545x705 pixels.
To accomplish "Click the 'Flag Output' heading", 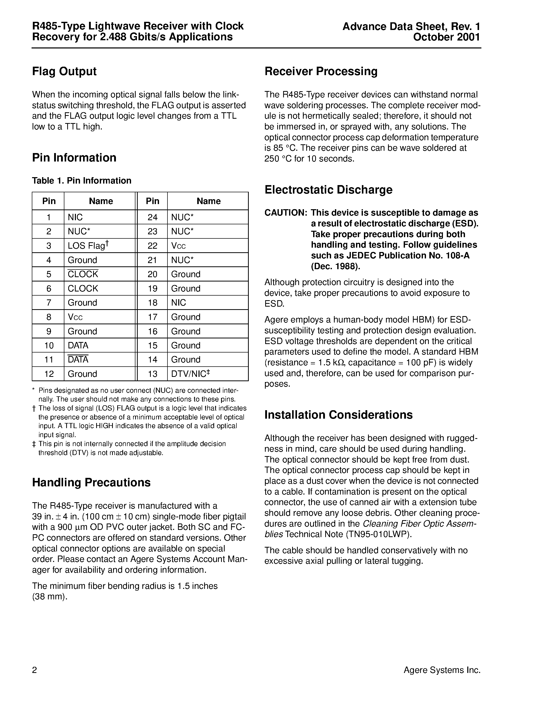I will (x=64, y=71).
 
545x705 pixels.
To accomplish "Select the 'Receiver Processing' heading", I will (x=321, y=71).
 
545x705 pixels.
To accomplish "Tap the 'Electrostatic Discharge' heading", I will (x=328, y=189).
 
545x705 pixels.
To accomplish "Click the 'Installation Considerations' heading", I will (x=338, y=415).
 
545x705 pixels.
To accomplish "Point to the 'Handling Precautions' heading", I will (x=91, y=482).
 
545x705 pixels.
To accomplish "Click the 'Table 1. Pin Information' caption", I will (x=81, y=180).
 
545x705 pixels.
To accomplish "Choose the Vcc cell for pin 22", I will (x=178, y=246).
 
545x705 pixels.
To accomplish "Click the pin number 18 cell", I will (x=152, y=303).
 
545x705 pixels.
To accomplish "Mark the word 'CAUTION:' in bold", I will (x=285, y=213).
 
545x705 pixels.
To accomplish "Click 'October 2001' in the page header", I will (x=446, y=37).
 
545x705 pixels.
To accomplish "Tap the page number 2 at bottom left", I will (x=35, y=670).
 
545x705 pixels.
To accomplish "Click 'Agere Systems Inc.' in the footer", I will (x=442, y=670).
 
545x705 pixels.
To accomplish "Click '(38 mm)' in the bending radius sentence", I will (x=50, y=597).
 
